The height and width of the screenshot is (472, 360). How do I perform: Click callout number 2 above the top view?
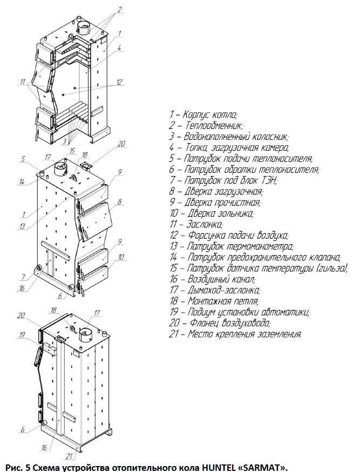pos(120,9)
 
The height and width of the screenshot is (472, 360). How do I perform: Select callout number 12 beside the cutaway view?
pos(119,83)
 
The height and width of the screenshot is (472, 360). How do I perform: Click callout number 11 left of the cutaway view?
pos(22,83)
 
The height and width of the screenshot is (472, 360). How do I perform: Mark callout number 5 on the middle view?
pos(24,159)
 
